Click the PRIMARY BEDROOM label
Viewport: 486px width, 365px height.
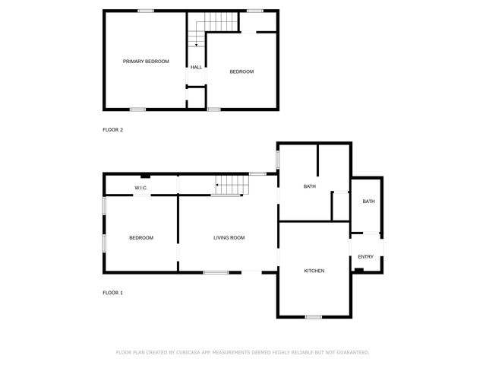pos(146,61)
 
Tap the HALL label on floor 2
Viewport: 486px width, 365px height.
pos(196,67)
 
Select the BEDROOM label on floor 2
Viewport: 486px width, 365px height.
pos(241,71)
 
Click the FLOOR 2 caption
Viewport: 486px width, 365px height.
pos(112,129)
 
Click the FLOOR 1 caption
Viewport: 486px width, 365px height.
pos(112,293)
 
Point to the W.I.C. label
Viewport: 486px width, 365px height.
pos(140,187)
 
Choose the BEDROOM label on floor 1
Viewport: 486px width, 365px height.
pos(140,238)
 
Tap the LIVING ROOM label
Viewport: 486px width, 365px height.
pos(229,238)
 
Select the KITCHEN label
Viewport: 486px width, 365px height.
pos(314,271)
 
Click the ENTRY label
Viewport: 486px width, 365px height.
pos(365,256)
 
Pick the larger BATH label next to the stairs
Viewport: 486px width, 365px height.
pos(309,186)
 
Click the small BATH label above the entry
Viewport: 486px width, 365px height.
pos(368,202)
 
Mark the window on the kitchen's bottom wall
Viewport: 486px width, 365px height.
pos(313,316)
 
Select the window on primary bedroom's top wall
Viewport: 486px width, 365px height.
pos(145,11)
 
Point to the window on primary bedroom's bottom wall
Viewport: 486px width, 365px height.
pos(137,109)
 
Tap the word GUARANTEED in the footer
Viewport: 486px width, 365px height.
pos(349,352)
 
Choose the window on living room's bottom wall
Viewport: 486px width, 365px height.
pos(216,272)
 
